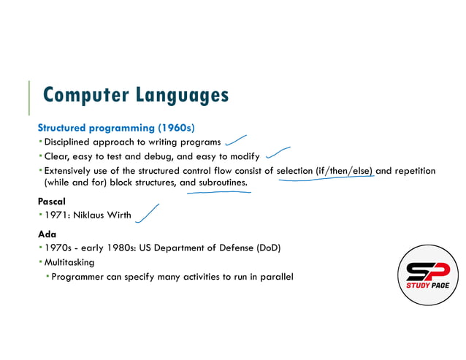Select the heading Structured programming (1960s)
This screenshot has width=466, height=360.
(x=115, y=126)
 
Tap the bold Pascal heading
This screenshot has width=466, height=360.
(x=52, y=200)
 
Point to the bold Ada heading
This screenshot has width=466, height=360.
(x=47, y=234)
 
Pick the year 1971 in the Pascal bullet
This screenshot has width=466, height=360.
(x=57, y=215)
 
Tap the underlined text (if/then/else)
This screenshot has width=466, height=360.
(x=343, y=171)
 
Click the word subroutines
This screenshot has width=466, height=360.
(x=224, y=183)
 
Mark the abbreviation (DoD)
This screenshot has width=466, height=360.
(x=267, y=248)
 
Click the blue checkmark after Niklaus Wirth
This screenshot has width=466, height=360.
(x=148, y=212)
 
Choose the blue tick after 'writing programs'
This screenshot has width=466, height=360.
(x=236, y=139)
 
